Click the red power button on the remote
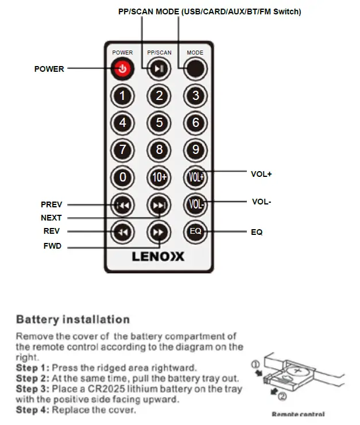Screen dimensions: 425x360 (123, 69)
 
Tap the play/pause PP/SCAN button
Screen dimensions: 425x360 (159, 69)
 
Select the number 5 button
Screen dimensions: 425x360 (159, 122)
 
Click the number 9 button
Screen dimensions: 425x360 (195, 150)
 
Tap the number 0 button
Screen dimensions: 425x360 (123, 177)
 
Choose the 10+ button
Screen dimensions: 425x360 (159, 177)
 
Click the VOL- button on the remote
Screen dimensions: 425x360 (195, 204)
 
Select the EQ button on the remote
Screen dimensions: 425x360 (195, 231)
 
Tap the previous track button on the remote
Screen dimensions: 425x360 (123, 204)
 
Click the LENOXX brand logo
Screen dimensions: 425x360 (158, 256)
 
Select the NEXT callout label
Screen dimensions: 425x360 (51, 218)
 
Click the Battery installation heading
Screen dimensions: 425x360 (73, 319)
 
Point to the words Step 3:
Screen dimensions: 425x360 (32, 389)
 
